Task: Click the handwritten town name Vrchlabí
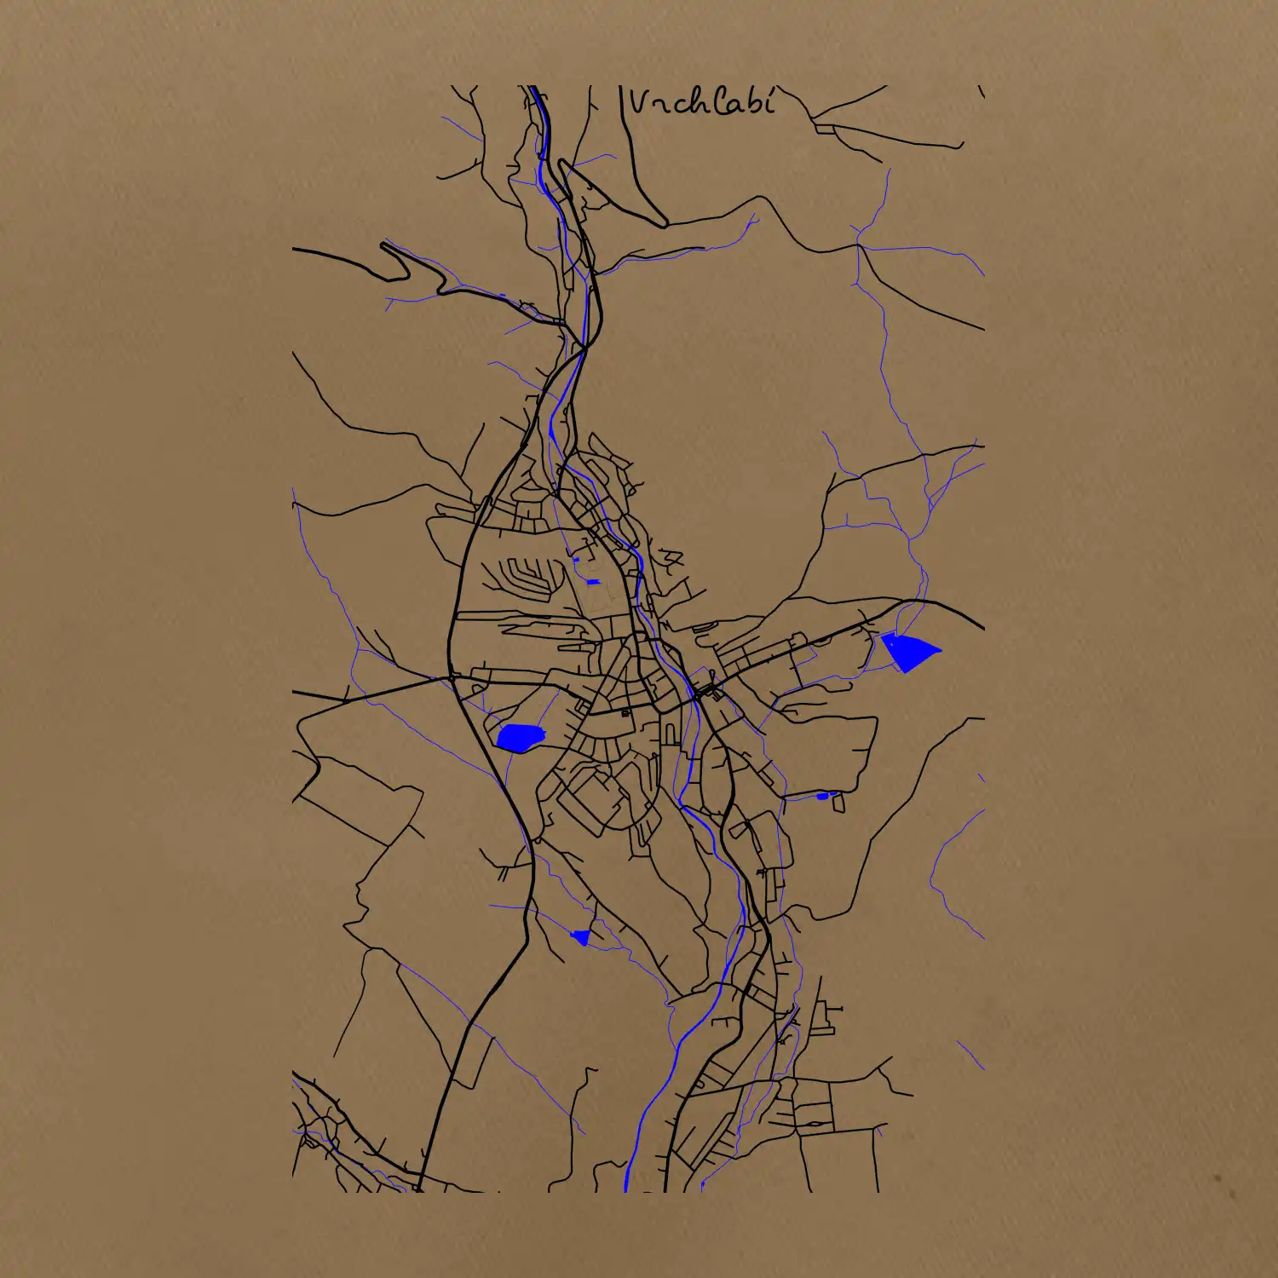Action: click(702, 102)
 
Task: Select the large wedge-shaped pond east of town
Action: click(908, 651)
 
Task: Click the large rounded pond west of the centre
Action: click(520, 737)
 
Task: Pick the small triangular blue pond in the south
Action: click(582, 937)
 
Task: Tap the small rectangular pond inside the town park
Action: click(594, 582)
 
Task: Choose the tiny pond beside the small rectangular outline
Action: click(821, 796)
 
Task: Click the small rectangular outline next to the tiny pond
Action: click(838, 802)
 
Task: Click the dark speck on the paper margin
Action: click(1218, 1180)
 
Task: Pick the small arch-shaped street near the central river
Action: click(671, 733)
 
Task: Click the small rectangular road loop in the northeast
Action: click(824, 129)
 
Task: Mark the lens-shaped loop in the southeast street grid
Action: click(815, 1124)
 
